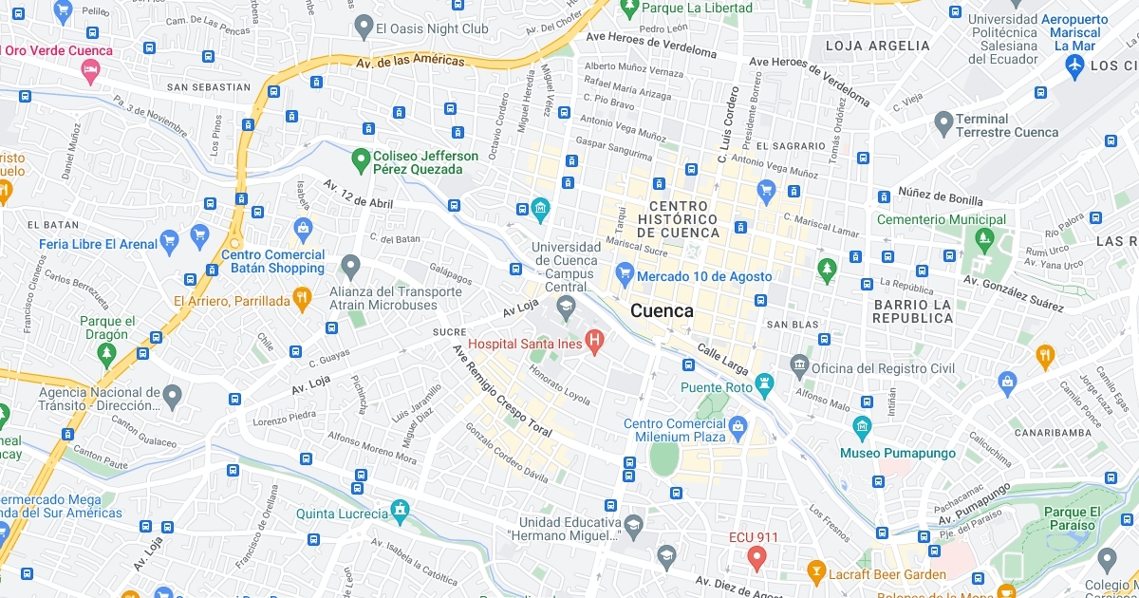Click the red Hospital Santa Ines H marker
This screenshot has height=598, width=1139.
[595, 340]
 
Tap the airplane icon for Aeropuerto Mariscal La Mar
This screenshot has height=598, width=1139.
[1074, 65]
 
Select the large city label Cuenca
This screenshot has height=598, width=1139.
[662, 310]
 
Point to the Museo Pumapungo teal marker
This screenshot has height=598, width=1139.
[862, 427]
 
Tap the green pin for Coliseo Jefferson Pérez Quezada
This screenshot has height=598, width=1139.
[360, 160]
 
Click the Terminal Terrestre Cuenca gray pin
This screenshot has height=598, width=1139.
[943, 122]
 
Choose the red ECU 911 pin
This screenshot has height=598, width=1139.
[756, 556]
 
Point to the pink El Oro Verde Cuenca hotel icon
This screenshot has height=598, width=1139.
[91, 71]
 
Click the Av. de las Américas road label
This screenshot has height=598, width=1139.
[411, 62]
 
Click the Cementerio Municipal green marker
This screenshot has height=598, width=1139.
[986, 239]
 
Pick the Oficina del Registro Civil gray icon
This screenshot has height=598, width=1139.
[799, 364]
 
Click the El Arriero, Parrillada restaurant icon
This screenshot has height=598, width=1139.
[302, 298]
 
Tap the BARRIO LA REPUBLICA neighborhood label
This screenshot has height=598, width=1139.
[912, 311]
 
